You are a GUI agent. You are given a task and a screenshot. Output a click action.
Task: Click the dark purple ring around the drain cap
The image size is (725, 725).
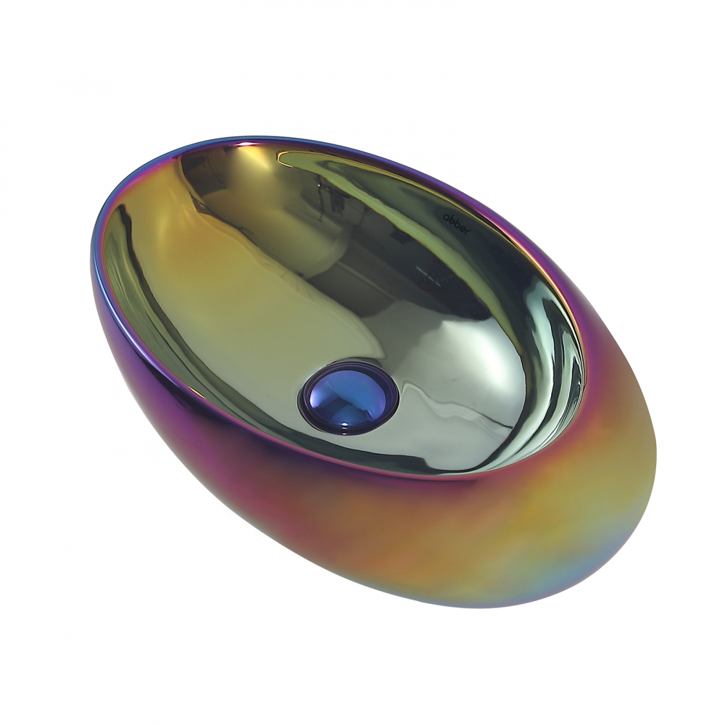click(304, 406)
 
